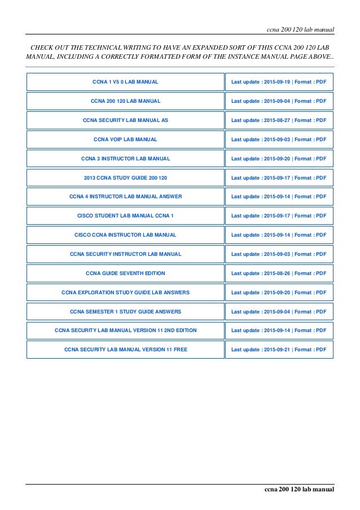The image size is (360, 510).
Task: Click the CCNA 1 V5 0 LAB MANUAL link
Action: pos(125,82)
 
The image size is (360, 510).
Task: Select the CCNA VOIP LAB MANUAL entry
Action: pos(125,139)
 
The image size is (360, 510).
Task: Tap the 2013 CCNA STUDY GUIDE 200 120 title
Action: pos(125,177)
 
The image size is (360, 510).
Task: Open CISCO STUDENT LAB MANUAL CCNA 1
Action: pos(125,216)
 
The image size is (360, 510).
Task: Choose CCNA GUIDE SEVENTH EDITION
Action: pos(125,273)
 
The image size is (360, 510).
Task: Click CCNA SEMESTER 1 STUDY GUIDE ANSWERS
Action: pos(125,312)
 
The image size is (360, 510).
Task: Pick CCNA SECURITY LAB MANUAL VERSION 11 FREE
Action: pos(125,350)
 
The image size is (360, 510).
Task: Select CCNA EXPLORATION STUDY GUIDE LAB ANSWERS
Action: pos(125,293)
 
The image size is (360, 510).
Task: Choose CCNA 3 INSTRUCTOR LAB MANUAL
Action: pos(125,158)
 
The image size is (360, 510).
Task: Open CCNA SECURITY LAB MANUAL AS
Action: pos(125,120)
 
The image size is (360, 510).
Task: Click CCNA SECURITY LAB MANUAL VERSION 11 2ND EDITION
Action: pos(125,330)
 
